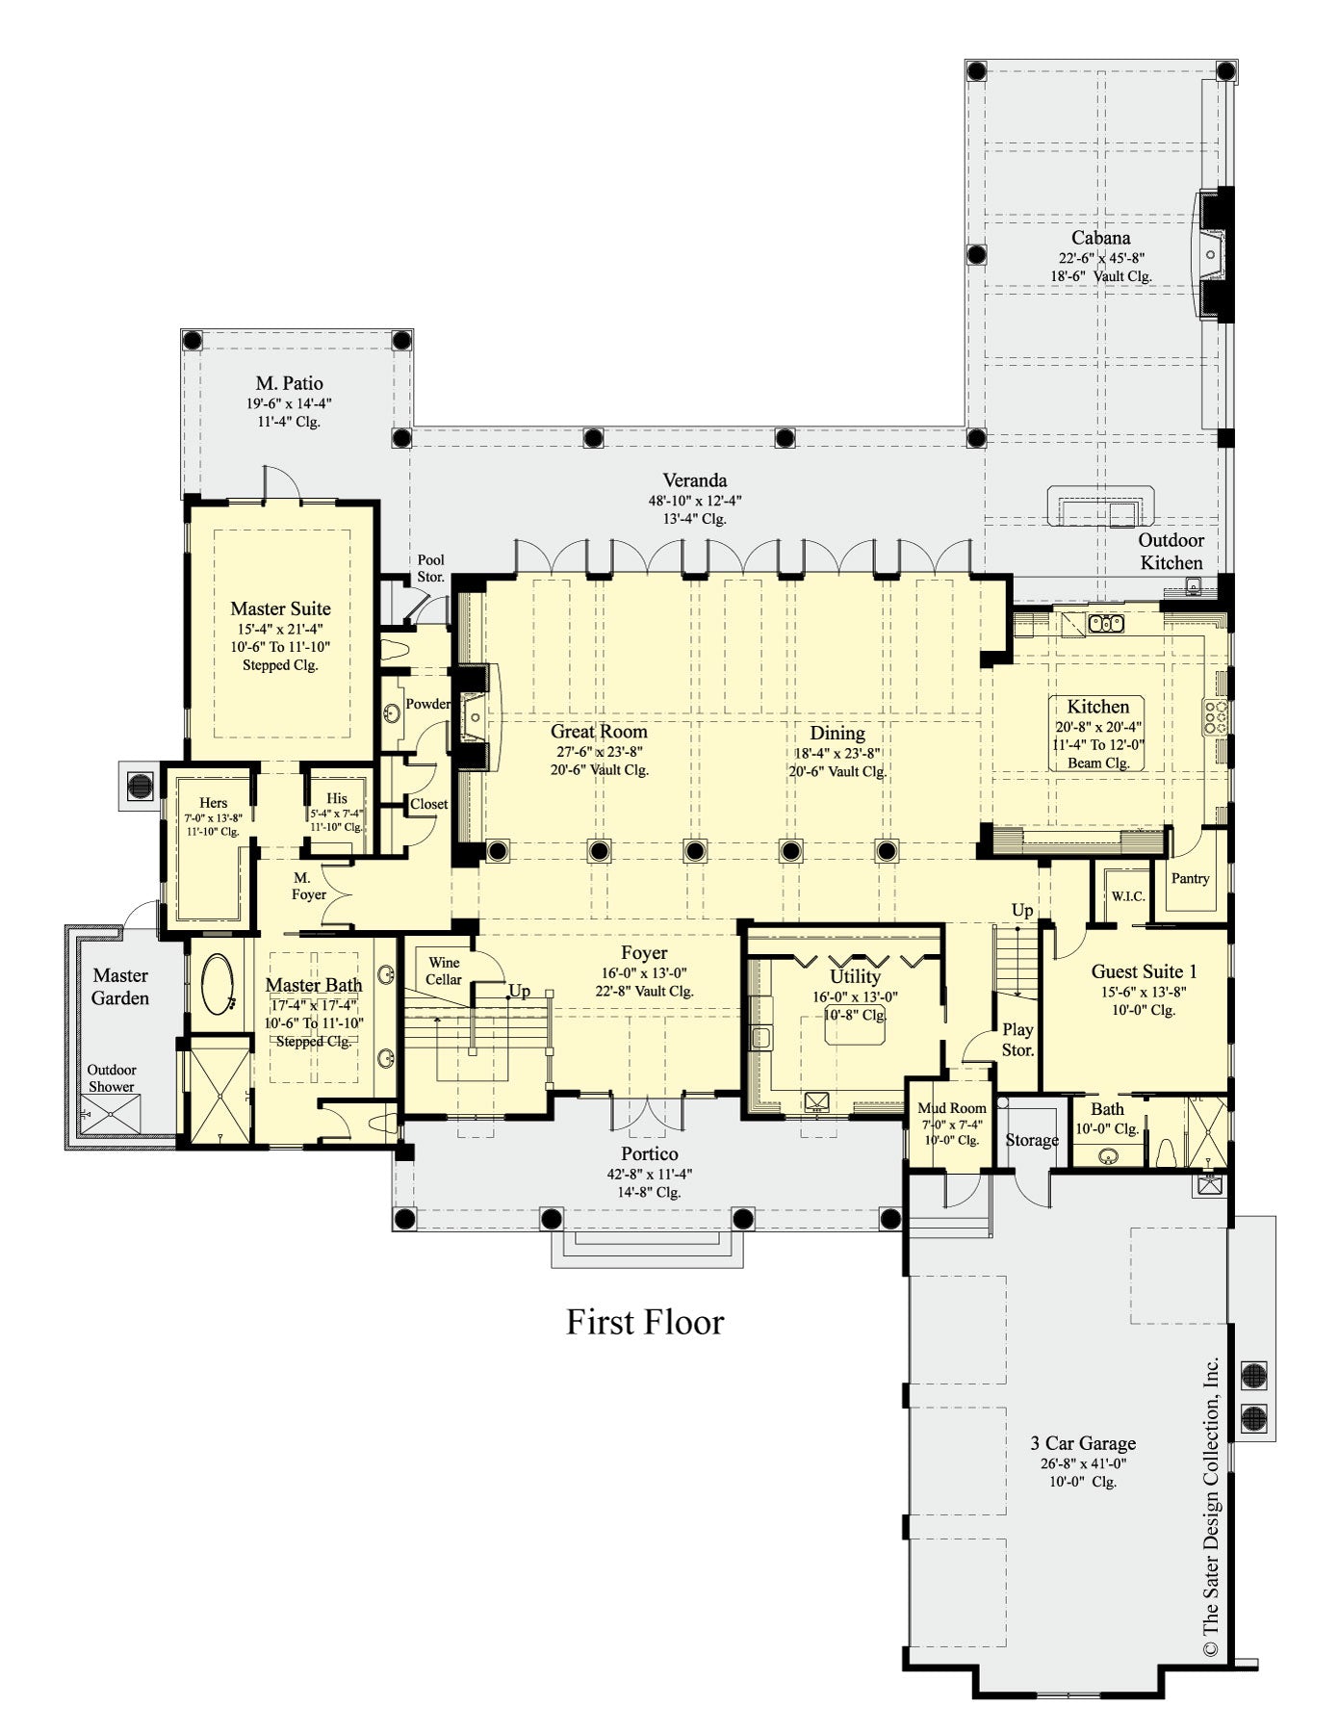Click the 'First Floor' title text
click(644, 1322)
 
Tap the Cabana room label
click(1100, 238)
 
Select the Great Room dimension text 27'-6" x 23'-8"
click(598, 752)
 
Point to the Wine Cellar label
click(444, 970)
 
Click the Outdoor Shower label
click(112, 1077)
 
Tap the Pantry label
click(1190, 878)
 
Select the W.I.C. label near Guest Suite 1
click(1127, 896)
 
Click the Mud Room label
click(951, 1108)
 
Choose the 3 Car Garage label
click(1083, 1443)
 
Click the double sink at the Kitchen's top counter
click(1106, 624)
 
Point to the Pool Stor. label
click(430, 568)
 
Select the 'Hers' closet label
click(213, 803)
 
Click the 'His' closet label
click(336, 798)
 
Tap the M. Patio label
click(289, 383)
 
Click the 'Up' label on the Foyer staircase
click(519, 991)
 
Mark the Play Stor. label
click(1017, 1039)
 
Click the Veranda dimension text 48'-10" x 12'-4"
click(694, 501)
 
